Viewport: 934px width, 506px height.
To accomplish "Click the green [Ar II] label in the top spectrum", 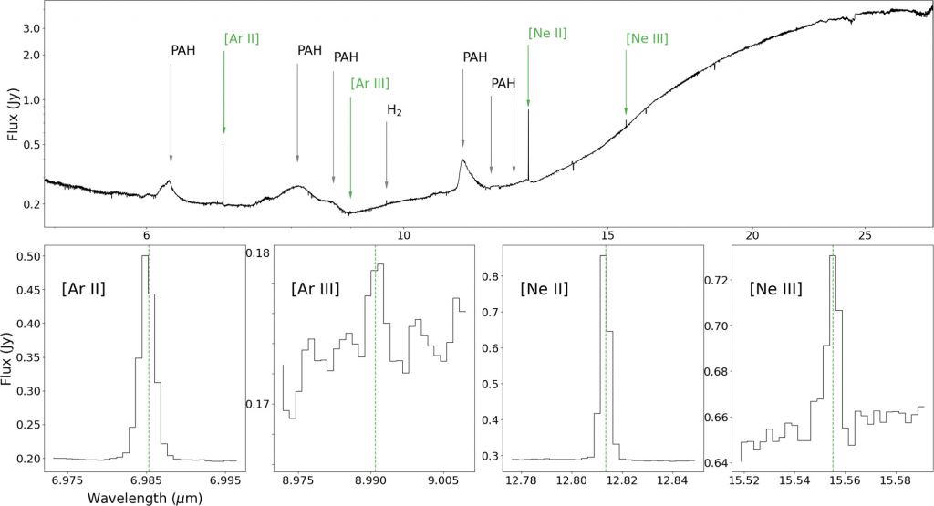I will click(x=242, y=39).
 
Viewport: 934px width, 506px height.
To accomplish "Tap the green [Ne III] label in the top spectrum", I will click(x=647, y=39).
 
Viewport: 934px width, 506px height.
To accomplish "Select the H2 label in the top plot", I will click(x=394, y=110).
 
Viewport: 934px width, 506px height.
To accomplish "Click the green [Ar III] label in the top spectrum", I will click(x=369, y=83).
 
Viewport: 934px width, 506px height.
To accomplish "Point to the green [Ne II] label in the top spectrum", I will click(x=547, y=33).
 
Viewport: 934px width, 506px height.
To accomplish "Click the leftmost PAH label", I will click(x=183, y=49).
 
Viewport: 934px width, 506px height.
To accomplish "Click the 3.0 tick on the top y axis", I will click(x=32, y=28).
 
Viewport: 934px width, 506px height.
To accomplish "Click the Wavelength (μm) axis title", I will click(x=144, y=498).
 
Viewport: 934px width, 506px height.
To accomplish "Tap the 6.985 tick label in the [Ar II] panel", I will click(x=149, y=480).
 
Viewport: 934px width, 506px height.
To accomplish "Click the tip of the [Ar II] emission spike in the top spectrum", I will click(x=223, y=144).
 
